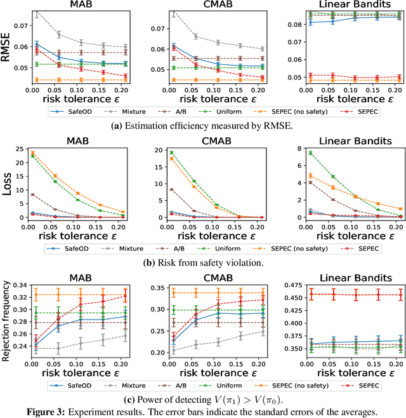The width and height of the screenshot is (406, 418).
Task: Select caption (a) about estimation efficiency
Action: point(203,125)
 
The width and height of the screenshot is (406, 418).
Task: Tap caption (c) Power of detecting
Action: point(203,398)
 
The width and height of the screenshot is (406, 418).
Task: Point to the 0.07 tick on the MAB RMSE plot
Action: point(20,26)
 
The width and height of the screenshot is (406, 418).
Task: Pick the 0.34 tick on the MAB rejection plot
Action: point(20,284)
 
